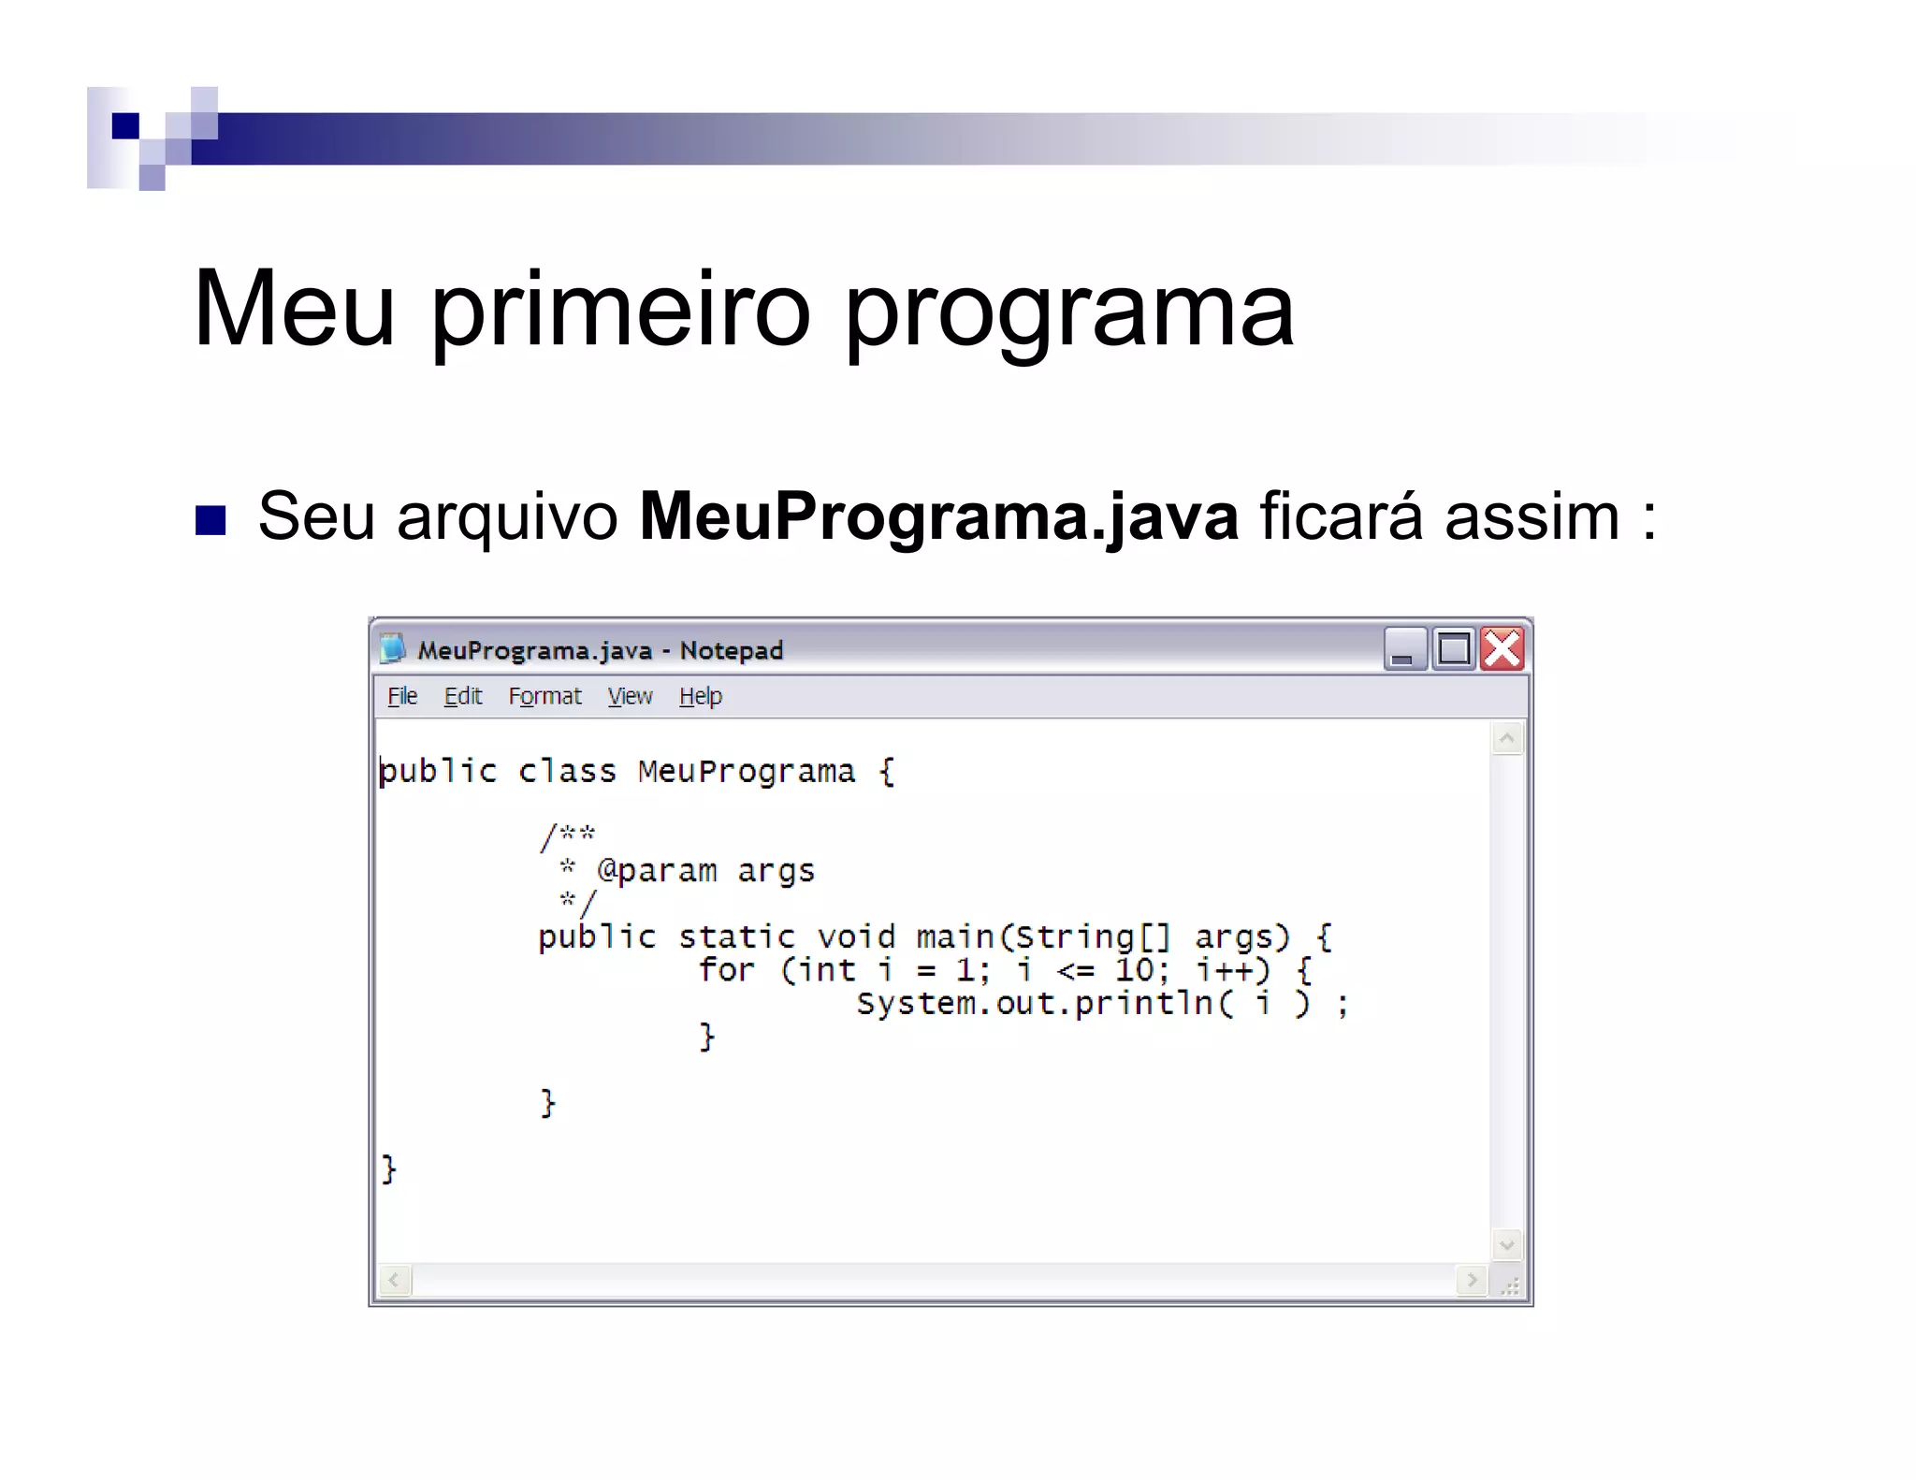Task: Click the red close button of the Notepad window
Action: point(1502,649)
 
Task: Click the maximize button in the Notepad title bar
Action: point(1454,649)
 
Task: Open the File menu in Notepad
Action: point(402,696)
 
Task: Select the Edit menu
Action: point(462,696)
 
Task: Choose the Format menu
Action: point(544,696)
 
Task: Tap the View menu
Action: point(630,696)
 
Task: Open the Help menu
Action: point(701,696)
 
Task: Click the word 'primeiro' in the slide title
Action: point(619,309)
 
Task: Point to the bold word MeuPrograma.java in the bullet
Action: point(938,516)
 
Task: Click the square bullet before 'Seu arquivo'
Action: point(210,520)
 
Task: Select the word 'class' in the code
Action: point(567,771)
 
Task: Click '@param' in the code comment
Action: point(657,871)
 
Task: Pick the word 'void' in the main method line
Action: point(855,937)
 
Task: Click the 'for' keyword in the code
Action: point(726,970)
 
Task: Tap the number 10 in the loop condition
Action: point(1134,970)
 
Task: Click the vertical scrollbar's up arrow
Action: point(1506,739)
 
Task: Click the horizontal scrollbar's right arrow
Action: point(1472,1280)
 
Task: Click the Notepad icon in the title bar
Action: point(393,648)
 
